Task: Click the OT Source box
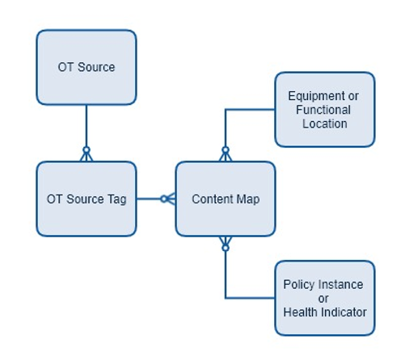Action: pyautogui.click(x=86, y=67)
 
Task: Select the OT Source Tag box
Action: pyautogui.click(x=86, y=199)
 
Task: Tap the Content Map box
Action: pyautogui.click(x=226, y=199)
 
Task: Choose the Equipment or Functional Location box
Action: pyautogui.click(x=325, y=110)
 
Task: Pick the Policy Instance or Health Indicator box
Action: pyautogui.click(x=325, y=298)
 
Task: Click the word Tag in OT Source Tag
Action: pyautogui.click(x=117, y=200)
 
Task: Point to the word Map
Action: pyautogui.click(x=248, y=200)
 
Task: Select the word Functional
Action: pyautogui.click(x=323, y=110)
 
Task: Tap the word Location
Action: pyautogui.click(x=325, y=123)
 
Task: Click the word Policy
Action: pyautogui.click(x=297, y=285)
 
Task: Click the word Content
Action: pyautogui.click(x=213, y=199)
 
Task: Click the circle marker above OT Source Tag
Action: pyautogui.click(x=86, y=150)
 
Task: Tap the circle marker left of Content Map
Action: pyautogui.click(x=163, y=199)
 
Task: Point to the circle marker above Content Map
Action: pyautogui.click(x=226, y=150)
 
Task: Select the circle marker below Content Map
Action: pyautogui.click(x=226, y=248)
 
